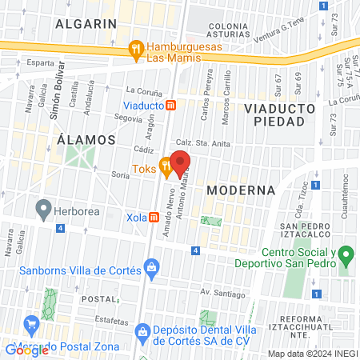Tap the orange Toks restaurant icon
coord(166,167)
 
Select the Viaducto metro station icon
coord(170,105)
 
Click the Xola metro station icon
coord(142,217)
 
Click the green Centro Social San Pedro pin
coord(346,258)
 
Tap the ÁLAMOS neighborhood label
coord(87,139)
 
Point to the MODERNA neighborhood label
coord(240,190)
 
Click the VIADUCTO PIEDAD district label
coord(274,114)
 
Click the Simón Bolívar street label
coord(56,98)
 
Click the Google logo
coord(27,349)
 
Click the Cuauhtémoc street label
coord(346,193)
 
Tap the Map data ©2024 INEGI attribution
coord(312,354)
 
